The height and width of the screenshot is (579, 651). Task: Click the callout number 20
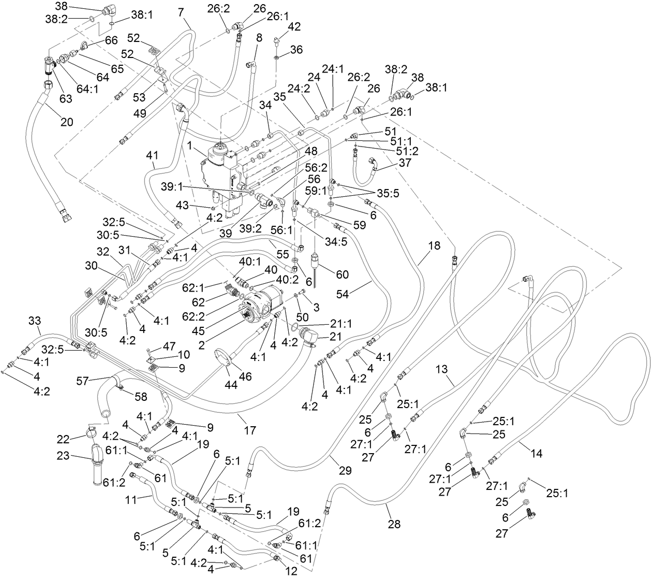pyautogui.click(x=67, y=122)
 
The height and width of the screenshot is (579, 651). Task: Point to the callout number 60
pyautogui.click(x=342, y=274)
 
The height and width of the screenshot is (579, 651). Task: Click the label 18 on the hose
pyautogui.click(x=434, y=245)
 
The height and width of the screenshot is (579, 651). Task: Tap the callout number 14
pyautogui.click(x=537, y=454)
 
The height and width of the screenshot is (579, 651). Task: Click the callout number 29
pyautogui.click(x=345, y=471)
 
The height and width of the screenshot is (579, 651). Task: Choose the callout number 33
pyautogui.click(x=34, y=322)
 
